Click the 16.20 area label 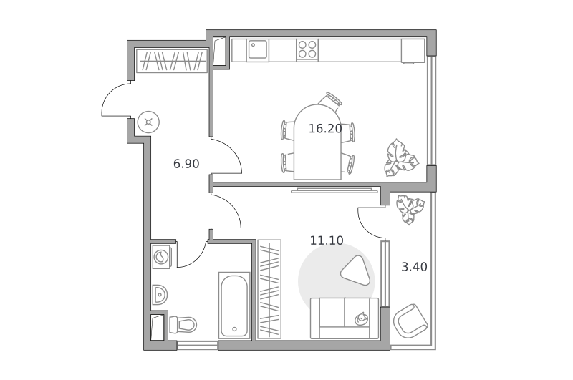(x=325, y=129)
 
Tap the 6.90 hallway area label (x=186, y=164)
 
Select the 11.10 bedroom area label (x=327, y=240)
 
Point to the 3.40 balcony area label (x=415, y=267)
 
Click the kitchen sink (x=258, y=49)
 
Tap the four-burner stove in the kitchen (x=307, y=49)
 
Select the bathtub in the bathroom (x=234, y=306)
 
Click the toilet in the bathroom (x=183, y=324)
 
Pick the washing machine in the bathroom (x=162, y=257)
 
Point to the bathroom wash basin (x=160, y=295)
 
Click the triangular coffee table (x=353, y=271)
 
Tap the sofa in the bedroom (x=345, y=318)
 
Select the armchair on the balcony (x=410, y=321)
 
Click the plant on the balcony (x=410, y=209)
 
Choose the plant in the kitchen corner (x=400, y=157)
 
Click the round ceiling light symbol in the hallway (x=149, y=122)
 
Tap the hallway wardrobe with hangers (x=172, y=61)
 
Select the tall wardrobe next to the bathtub (x=269, y=289)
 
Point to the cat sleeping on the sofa (x=362, y=318)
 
